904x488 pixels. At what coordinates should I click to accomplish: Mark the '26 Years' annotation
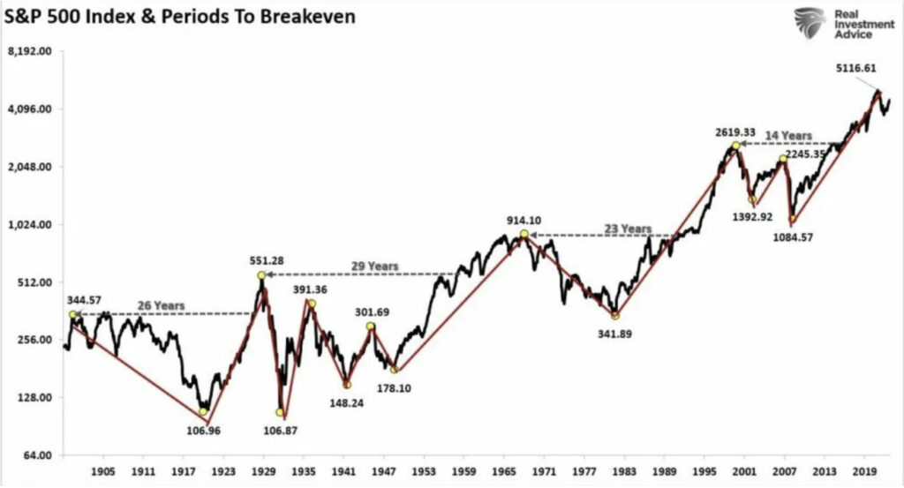(161, 305)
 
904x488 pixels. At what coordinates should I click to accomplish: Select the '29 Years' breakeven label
(374, 266)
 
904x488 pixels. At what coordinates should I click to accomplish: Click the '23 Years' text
(627, 229)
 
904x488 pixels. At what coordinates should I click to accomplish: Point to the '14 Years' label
(787, 136)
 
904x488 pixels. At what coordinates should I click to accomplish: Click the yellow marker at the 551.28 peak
(261, 276)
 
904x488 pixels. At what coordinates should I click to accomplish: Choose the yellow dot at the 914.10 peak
(524, 234)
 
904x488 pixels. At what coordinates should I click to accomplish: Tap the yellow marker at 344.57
(72, 315)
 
